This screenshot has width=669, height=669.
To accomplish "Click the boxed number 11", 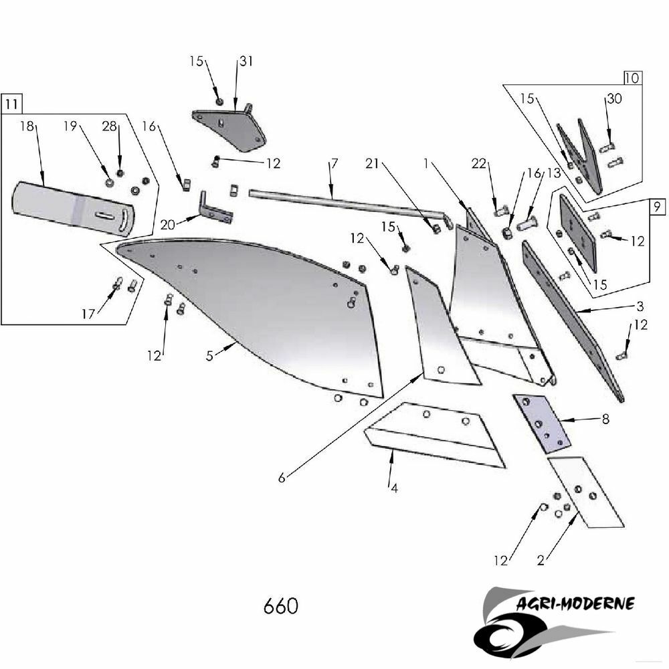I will point(12,104).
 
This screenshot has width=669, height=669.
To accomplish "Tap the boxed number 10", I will point(632,78).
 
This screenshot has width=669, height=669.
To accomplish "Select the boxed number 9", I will point(658,207).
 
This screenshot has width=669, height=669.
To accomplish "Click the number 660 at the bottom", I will point(280,606).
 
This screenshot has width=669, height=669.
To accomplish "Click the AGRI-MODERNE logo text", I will point(576,604).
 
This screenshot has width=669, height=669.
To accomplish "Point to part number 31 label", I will point(246,62).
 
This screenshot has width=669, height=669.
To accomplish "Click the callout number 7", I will point(334,164).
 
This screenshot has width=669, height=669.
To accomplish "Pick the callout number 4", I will point(394,488).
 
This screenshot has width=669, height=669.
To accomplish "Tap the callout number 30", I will point(613,99).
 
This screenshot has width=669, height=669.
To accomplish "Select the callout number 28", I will point(110,126).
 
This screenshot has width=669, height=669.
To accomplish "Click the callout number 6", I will point(282,478).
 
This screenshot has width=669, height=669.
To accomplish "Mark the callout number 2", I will point(540,560).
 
